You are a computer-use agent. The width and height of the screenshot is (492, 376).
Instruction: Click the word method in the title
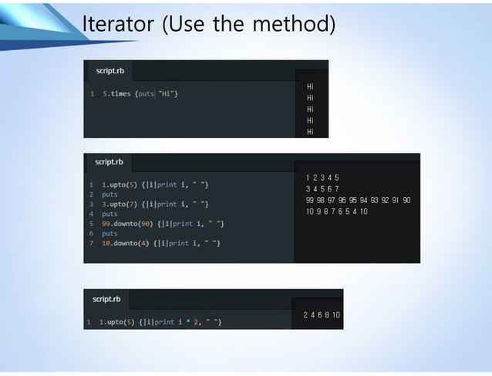click(295, 25)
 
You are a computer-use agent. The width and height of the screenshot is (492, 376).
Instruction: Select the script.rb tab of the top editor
click(110, 70)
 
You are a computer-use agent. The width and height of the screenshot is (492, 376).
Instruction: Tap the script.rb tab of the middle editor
click(109, 162)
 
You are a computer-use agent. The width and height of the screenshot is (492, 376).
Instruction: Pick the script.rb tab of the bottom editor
click(106, 299)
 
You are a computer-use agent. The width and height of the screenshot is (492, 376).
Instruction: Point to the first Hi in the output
click(310, 86)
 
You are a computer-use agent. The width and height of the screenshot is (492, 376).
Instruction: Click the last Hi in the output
click(310, 132)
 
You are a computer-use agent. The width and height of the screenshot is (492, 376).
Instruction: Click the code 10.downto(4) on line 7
click(127, 243)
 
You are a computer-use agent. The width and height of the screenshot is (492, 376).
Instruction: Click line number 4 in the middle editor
click(91, 214)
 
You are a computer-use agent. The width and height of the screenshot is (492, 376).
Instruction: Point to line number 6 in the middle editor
click(91, 233)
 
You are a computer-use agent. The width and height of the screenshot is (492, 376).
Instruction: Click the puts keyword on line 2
click(110, 195)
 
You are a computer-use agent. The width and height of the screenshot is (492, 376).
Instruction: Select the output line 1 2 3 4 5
click(322, 178)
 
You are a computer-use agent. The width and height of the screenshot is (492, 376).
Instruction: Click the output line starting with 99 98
click(358, 200)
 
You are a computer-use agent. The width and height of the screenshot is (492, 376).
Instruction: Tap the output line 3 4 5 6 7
click(322, 188)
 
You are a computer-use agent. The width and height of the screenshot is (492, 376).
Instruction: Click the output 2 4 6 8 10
click(322, 315)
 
